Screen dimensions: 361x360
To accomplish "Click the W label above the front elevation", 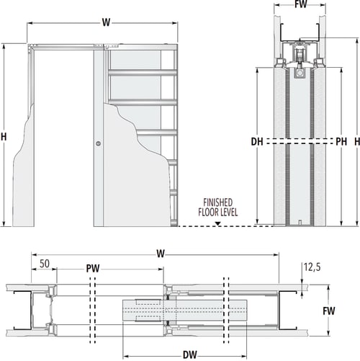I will pos(106,22).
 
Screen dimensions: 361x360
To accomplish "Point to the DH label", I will pos(257,141).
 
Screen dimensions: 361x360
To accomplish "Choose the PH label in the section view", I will pos(322,141).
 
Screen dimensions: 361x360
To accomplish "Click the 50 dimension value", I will pos(44,264).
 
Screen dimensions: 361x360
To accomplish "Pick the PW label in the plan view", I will pos(92,269).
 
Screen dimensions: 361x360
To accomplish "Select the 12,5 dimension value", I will pos(311,267).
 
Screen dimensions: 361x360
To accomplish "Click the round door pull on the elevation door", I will pos(99,145).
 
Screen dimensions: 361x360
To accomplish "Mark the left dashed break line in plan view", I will pos(91,312).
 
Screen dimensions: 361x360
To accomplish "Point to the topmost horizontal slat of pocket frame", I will pos(142,71).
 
